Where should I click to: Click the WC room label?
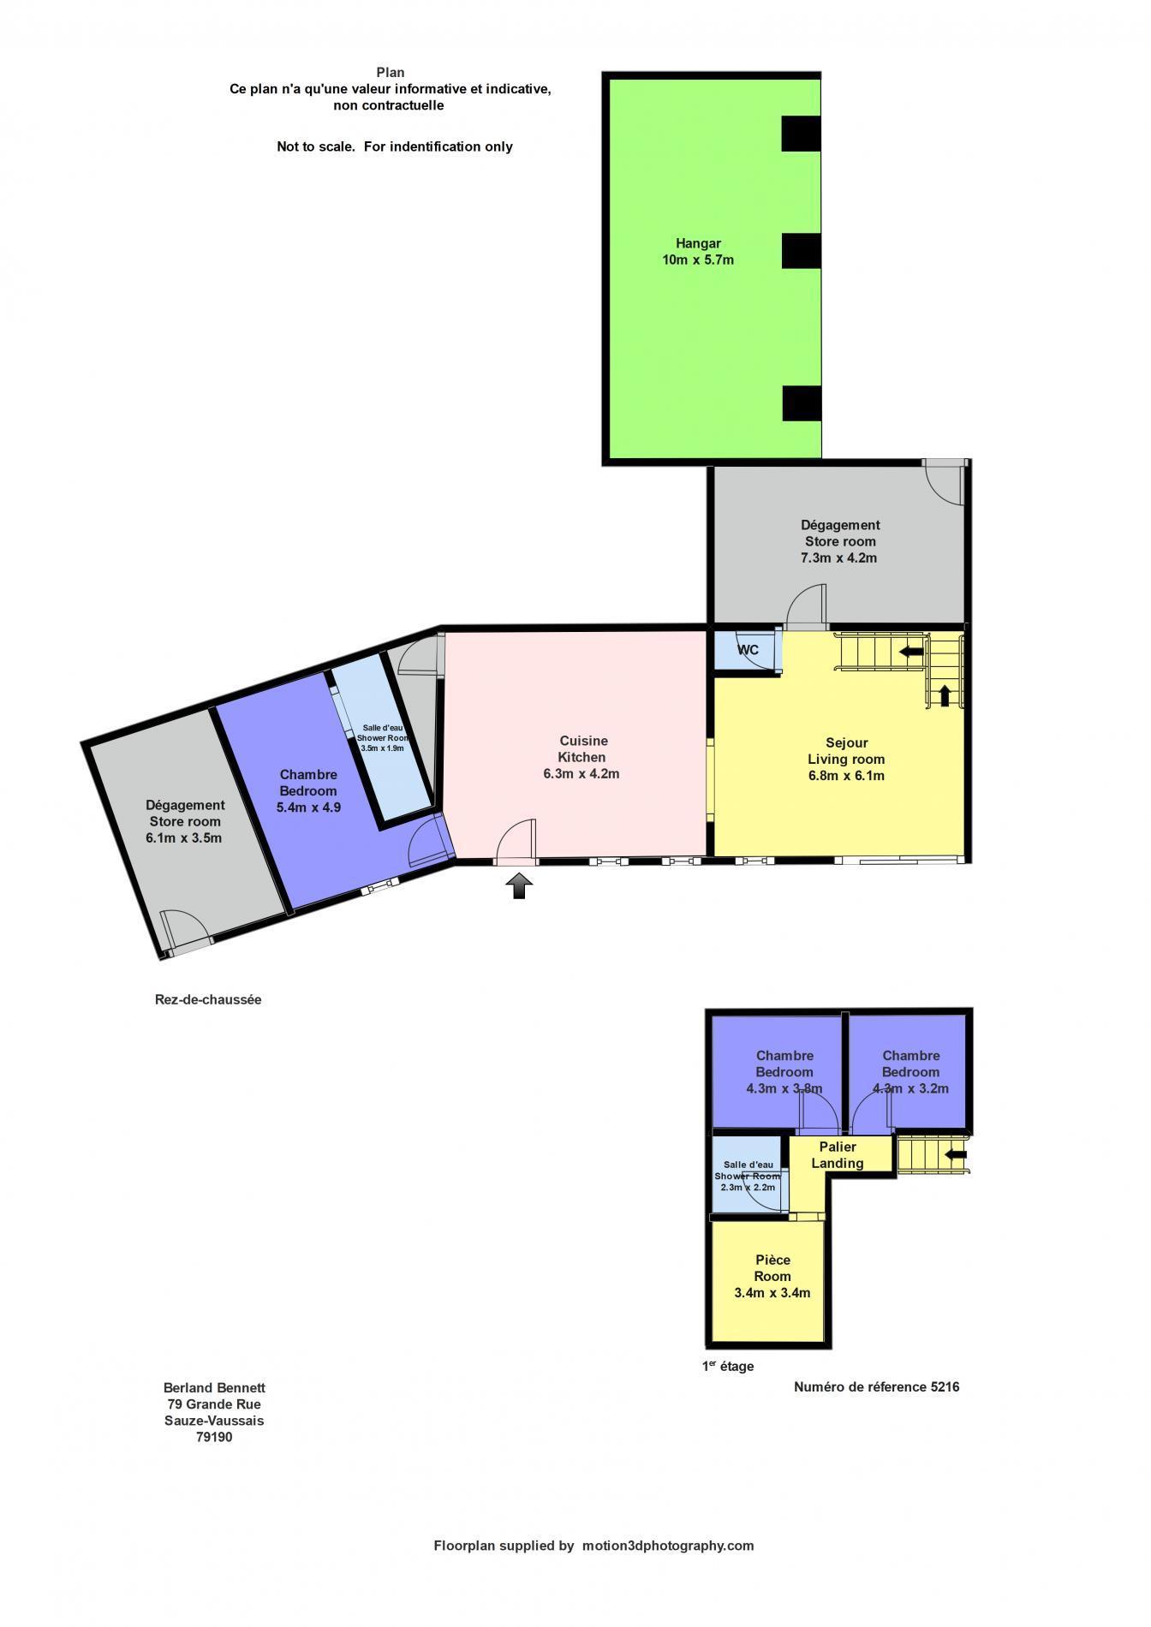748,650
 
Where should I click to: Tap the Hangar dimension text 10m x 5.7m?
698,259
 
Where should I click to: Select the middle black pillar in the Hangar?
801,251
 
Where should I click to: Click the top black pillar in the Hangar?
801,134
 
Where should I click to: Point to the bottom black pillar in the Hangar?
802,403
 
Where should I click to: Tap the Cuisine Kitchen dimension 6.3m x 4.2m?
581,773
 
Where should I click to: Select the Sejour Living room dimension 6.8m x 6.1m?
846,776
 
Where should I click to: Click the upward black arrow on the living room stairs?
945,694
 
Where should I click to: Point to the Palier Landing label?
838,1154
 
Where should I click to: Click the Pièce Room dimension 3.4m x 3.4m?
772,1293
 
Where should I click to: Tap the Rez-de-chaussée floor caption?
208,999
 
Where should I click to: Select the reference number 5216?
945,1386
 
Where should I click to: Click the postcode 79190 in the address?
214,1437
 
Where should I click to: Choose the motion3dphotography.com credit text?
668,1546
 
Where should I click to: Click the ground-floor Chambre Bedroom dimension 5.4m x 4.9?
308,807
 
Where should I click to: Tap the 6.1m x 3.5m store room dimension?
184,837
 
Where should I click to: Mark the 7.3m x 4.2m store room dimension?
839,557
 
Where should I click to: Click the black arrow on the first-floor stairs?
956,1154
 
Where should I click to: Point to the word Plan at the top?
391,73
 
